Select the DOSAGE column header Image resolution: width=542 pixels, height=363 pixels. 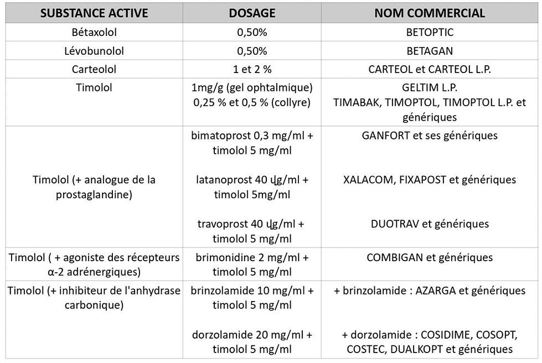[252, 13]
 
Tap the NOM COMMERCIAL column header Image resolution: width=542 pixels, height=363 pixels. [430, 13]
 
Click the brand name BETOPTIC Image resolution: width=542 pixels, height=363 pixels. [430, 32]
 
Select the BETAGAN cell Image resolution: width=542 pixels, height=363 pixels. [430, 51]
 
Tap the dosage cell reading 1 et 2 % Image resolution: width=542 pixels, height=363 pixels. [252, 70]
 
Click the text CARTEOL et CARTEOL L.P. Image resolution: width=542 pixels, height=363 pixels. [430, 70]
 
